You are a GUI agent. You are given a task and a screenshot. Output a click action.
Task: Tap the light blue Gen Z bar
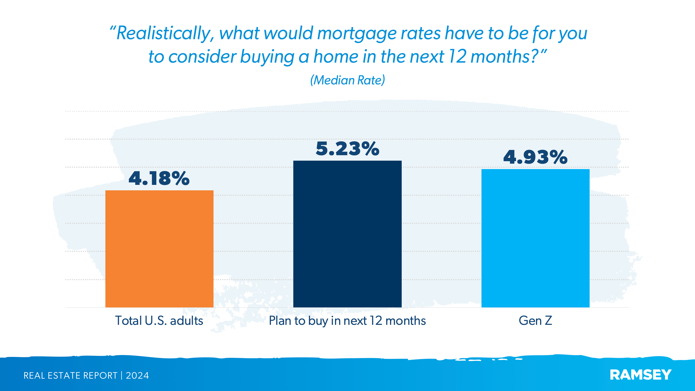535,238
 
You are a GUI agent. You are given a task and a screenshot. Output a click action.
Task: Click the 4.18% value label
159,179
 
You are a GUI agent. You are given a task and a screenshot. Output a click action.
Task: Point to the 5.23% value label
347,149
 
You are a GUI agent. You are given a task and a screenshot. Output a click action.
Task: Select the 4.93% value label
535,157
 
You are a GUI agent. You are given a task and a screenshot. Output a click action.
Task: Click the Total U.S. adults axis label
159,320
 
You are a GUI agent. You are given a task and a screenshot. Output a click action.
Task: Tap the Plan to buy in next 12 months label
347,321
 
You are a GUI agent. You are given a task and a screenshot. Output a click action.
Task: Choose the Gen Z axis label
535,320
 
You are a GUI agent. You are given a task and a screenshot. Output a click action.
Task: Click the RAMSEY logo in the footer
641,375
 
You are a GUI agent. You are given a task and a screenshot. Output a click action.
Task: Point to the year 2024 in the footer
137,375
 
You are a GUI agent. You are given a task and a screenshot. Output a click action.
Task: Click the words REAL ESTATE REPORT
70,375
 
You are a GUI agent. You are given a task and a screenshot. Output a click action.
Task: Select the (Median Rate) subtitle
347,80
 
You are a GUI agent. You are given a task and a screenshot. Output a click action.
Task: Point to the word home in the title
336,57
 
